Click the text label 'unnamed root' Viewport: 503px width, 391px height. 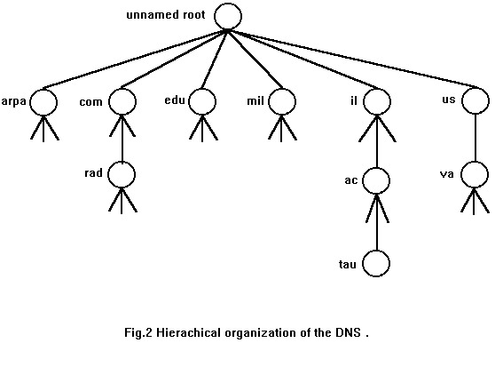pyautogui.click(x=166, y=15)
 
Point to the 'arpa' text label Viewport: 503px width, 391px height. pyautogui.click(x=14, y=102)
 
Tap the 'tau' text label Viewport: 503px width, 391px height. pyautogui.click(x=348, y=265)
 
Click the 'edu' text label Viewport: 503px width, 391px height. pyautogui.click(x=175, y=100)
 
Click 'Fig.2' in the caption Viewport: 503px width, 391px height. pyautogui.click(x=138, y=332)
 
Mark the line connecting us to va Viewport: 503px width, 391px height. pyautogui.click(x=475, y=138)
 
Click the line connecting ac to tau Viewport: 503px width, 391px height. pyautogui.click(x=377, y=222)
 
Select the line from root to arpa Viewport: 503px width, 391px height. pyautogui.click(x=135, y=60)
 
